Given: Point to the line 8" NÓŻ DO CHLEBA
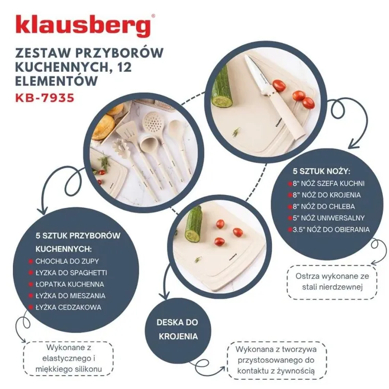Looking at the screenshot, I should [328, 206].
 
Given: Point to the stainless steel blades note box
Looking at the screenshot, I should [331, 282].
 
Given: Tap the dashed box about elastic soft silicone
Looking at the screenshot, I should [68, 358].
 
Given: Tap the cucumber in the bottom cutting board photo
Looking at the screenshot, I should [193, 226].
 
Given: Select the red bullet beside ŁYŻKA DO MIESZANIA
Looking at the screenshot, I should [31, 295].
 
